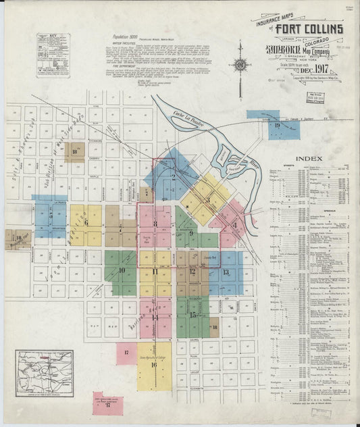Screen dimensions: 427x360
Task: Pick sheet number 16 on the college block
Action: click(x=154, y=365)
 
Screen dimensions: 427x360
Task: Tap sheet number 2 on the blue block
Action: click(x=173, y=177)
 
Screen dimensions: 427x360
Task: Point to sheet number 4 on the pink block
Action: click(x=234, y=226)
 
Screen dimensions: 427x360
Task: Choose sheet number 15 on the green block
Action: click(x=194, y=315)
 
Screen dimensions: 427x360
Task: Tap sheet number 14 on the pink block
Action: click(x=154, y=316)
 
